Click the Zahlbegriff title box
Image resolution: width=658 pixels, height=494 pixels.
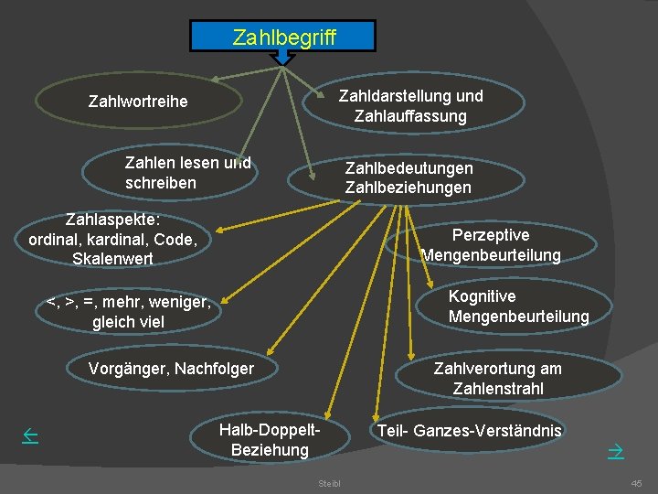(283, 37)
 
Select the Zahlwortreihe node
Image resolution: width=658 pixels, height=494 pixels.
(138, 101)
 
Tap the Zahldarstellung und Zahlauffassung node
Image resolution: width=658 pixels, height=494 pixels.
(410, 106)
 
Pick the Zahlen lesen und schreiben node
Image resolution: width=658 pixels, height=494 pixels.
(187, 173)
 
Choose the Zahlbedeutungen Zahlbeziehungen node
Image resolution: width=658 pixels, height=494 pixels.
(409, 178)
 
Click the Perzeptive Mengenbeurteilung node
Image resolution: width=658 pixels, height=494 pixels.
(491, 245)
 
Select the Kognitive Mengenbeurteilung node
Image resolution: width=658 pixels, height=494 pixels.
(518, 306)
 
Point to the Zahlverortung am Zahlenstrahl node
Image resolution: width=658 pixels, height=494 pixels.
(497, 378)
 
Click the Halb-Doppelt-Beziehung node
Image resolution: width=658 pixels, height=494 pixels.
(270, 440)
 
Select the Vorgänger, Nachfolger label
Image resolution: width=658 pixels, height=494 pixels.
(171, 369)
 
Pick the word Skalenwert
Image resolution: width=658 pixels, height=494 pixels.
(112, 259)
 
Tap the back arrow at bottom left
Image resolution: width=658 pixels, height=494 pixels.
(29, 437)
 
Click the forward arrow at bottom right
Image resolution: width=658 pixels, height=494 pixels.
(615, 450)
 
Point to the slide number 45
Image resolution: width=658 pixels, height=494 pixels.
(636, 482)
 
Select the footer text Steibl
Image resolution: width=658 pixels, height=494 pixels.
(328, 482)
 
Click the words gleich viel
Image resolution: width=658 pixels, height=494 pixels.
(128, 322)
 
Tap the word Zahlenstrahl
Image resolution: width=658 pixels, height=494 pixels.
(497, 389)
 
